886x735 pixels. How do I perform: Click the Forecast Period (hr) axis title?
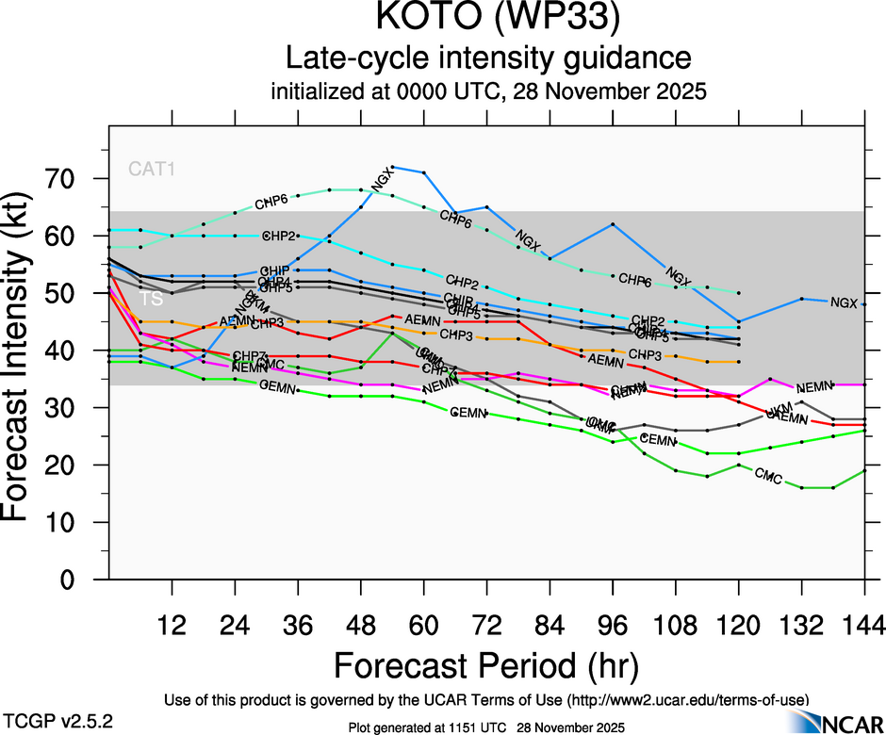[486, 666]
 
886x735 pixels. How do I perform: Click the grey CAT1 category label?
[153, 170]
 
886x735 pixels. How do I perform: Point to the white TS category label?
[151, 299]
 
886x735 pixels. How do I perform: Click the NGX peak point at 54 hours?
[392, 167]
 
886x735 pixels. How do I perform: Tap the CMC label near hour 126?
[768, 478]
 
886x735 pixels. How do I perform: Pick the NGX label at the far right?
[844, 302]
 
